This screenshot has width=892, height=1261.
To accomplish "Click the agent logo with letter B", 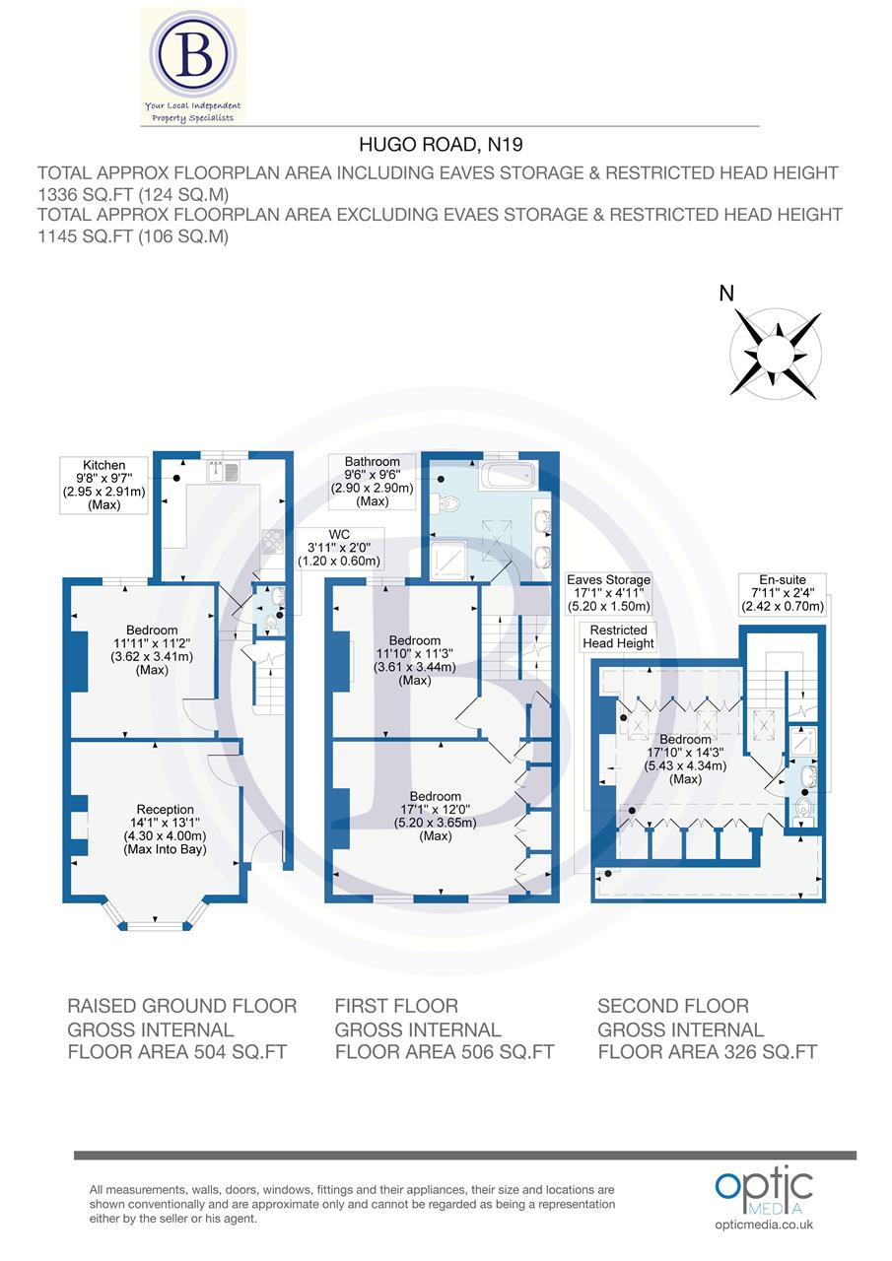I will (193, 65).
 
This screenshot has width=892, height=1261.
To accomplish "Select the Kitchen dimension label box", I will (103, 485).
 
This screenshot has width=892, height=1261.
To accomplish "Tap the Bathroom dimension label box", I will (373, 482).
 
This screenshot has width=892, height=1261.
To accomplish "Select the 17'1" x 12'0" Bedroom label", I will (435, 816).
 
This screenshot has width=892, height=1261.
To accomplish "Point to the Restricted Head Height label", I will (618, 636).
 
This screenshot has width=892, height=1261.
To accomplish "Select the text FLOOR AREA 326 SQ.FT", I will (707, 1051).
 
